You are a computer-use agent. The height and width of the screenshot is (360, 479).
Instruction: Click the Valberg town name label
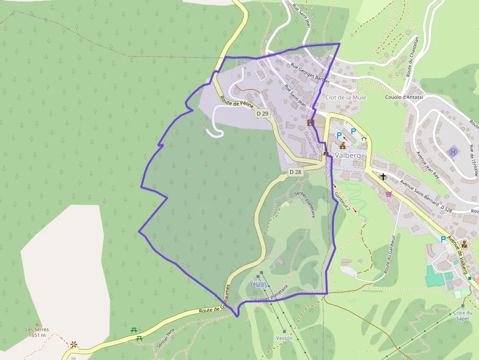click(x=348, y=155)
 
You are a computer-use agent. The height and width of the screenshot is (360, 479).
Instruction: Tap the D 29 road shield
click(x=262, y=113)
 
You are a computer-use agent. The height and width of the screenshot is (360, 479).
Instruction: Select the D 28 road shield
click(x=295, y=172)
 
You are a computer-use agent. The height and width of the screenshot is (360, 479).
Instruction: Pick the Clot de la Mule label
click(x=346, y=97)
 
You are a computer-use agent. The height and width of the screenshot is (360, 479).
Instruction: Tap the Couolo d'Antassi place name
click(x=404, y=97)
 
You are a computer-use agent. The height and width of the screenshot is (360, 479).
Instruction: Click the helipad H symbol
click(x=453, y=152)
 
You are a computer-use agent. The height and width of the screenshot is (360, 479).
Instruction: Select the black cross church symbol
click(x=384, y=177)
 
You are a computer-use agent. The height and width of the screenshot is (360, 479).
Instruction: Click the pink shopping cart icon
click(x=389, y=194)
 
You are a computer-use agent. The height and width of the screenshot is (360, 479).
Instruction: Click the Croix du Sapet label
click(x=462, y=316)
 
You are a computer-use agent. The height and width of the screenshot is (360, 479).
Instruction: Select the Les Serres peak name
click(x=37, y=332)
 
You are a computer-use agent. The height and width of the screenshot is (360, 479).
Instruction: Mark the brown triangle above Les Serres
click(x=37, y=324)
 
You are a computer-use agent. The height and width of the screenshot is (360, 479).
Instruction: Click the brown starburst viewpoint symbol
click(x=73, y=344)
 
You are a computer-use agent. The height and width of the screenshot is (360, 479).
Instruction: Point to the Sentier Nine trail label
click(x=165, y=338)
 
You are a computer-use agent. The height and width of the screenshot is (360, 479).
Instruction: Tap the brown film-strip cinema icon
click(x=310, y=123)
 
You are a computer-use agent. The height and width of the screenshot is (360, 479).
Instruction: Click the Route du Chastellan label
click(x=413, y=64)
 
